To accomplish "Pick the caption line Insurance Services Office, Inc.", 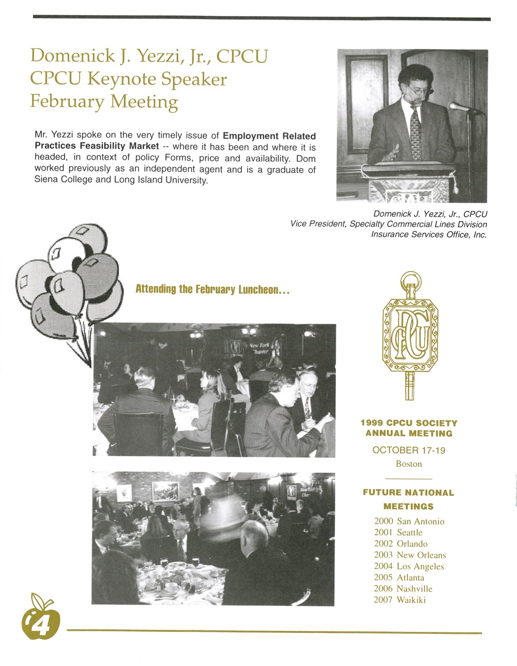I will tap(429, 234).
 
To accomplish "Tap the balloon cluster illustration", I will tap(70, 279).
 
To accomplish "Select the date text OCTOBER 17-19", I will tap(408, 450).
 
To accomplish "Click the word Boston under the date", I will tap(408, 464).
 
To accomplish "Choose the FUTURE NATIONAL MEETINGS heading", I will tap(408, 499).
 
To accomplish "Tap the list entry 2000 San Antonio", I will tap(409, 521).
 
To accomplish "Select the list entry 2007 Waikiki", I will tap(400, 600).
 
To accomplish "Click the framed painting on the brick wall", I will tap(165, 490).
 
